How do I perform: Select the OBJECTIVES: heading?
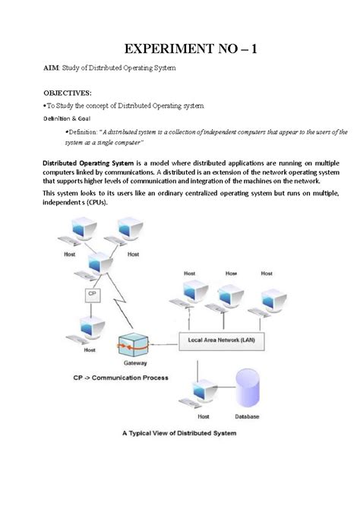pyautogui.click(x=70, y=92)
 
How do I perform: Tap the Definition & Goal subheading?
pyautogui.click(x=66, y=118)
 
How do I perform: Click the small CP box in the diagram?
pyautogui.click(x=92, y=292)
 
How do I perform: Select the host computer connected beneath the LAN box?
pyautogui.click(x=196, y=396)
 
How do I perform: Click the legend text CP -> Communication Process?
pyautogui.click(x=110, y=377)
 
